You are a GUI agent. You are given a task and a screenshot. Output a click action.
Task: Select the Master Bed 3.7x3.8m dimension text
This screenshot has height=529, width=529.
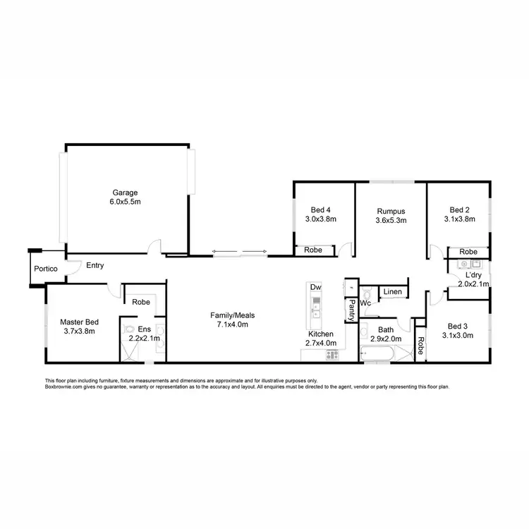(x=78, y=331)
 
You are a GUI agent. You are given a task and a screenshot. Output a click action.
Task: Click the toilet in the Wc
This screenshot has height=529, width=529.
(x=365, y=293)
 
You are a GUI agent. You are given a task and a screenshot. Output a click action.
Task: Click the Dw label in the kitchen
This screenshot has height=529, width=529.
(x=315, y=288)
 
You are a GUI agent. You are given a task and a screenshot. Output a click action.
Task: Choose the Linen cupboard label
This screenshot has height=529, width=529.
(x=392, y=292)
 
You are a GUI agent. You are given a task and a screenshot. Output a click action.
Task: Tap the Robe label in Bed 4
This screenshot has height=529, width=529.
(x=313, y=250)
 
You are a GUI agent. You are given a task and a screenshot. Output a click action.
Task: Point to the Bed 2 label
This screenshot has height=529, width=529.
(x=460, y=209)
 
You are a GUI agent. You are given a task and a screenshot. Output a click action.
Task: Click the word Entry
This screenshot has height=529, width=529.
(x=95, y=266)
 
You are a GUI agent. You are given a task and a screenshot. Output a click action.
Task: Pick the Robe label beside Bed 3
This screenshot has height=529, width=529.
(x=420, y=346)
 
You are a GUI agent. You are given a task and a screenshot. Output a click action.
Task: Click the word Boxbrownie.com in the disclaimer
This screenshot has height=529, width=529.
(x=64, y=387)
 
